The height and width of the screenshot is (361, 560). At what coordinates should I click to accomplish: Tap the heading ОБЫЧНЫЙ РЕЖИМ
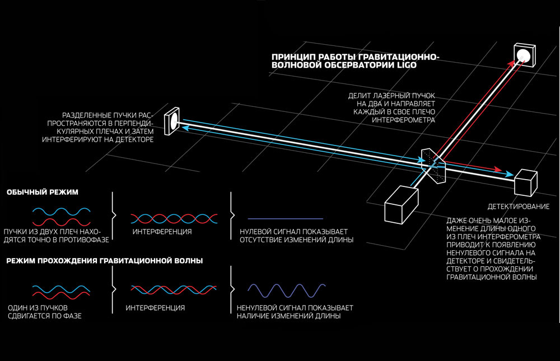coord(43,193)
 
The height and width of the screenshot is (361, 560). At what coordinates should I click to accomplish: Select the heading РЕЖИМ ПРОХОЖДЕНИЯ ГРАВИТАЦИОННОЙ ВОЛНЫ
coord(105,261)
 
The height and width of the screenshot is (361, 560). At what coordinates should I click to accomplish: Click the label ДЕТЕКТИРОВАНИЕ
coord(518,207)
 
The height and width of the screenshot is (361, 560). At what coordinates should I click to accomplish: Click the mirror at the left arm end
coord(173,120)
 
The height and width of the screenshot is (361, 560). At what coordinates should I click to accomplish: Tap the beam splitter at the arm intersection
coord(432,163)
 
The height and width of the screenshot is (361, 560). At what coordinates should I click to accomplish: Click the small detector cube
coord(525,180)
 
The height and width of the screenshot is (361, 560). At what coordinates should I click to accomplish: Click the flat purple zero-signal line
coord(285,218)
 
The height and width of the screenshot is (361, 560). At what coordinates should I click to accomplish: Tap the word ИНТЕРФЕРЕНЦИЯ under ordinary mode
coord(162,231)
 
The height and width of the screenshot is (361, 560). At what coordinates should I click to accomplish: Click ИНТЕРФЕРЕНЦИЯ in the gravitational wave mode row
coord(155,308)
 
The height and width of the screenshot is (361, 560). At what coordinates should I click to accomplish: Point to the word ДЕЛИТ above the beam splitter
coord(361,95)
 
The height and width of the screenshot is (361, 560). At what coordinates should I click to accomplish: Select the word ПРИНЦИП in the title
coord(292,57)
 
